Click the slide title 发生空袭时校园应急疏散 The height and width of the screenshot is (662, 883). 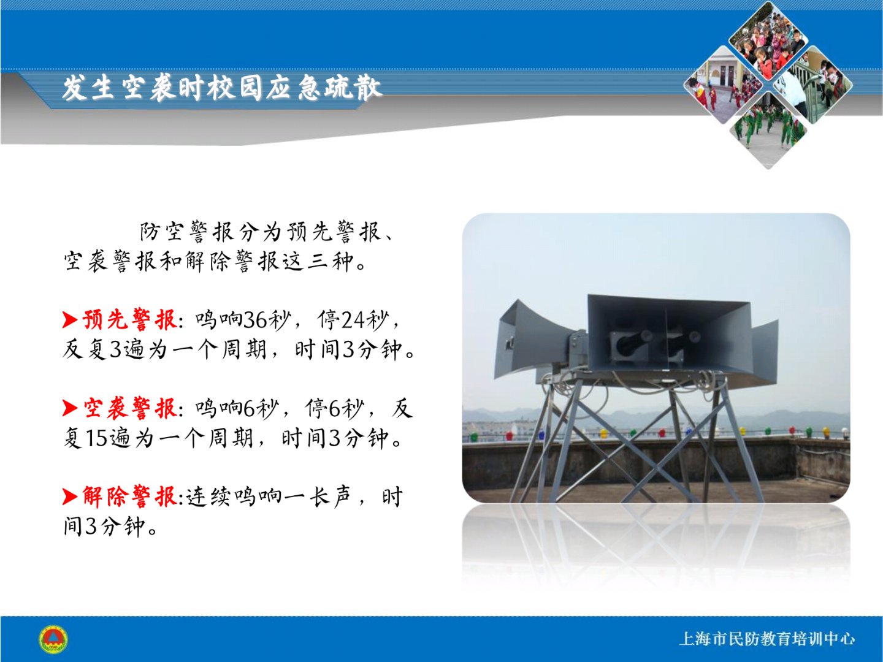[x=221, y=87]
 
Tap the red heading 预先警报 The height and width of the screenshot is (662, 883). [x=129, y=320]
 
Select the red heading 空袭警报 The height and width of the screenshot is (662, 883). [x=129, y=408]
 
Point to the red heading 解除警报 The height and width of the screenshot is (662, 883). [x=129, y=496]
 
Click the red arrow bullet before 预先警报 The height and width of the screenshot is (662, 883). [x=70, y=320]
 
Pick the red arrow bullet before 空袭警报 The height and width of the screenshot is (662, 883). [x=70, y=408]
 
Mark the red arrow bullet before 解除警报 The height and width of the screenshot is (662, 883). [x=70, y=496]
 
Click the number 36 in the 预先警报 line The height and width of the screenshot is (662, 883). [x=254, y=321]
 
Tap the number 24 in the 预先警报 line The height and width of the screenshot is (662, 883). [x=353, y=321]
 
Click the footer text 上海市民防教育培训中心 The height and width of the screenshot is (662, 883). [x=766, y=639]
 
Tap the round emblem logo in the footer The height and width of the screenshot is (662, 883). [x=53, y=639]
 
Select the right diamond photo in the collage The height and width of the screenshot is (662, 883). [x=813, y=85]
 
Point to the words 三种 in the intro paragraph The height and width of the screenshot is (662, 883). [x=330, y=262]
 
